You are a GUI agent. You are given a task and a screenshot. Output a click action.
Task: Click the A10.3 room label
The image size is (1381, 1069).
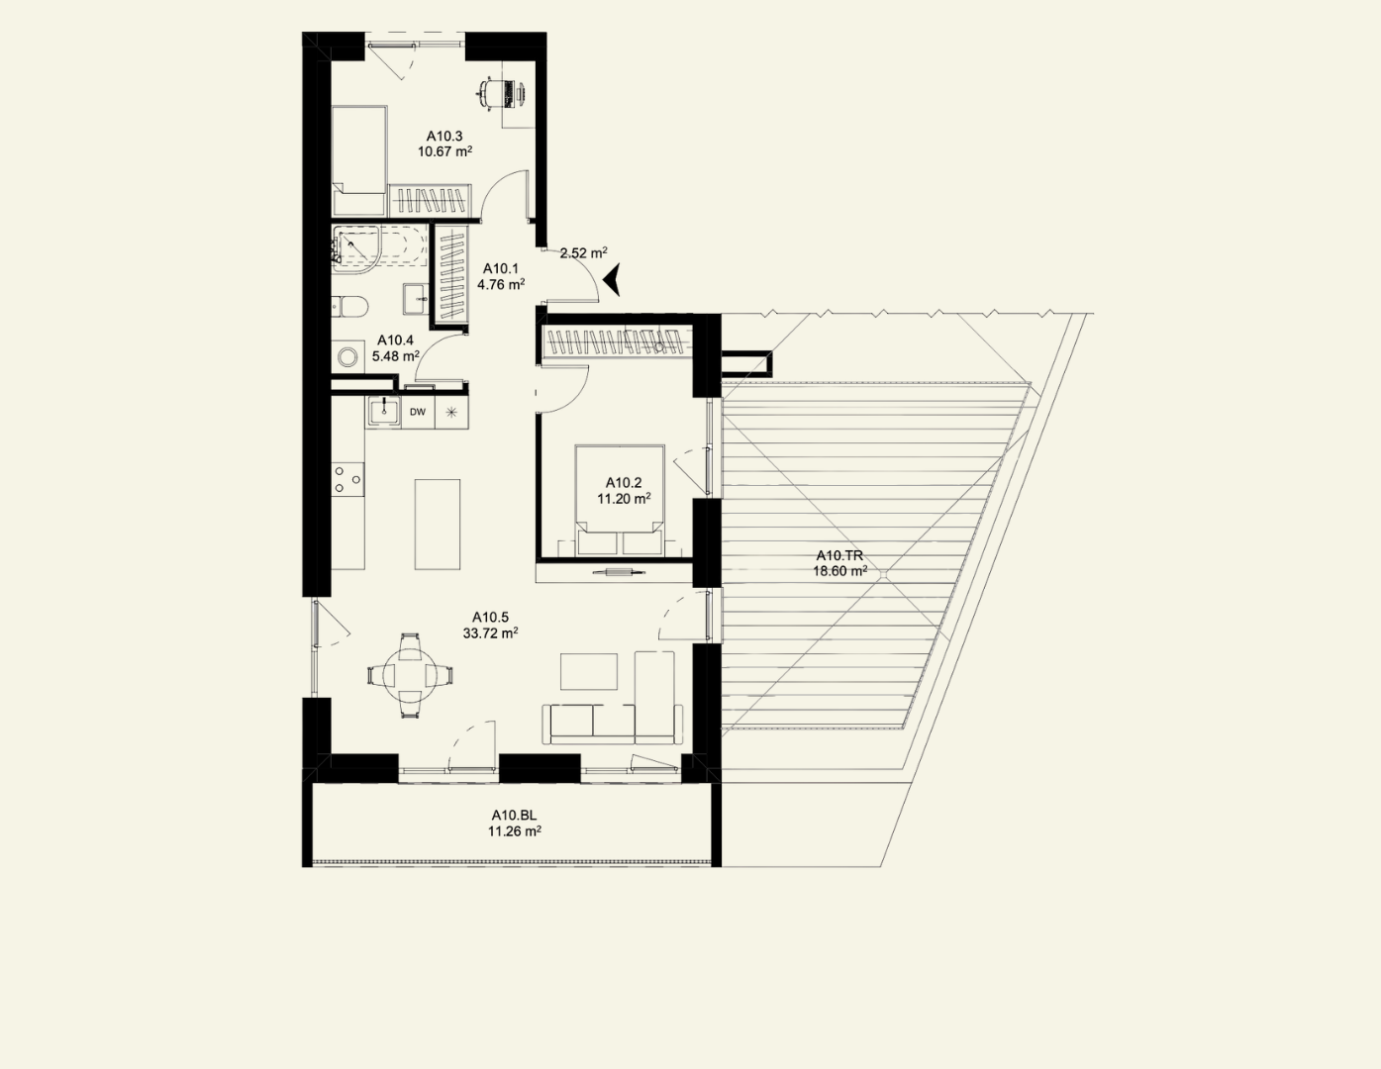(x=444, y=136)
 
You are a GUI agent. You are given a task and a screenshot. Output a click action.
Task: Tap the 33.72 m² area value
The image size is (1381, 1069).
(x=490, y=632)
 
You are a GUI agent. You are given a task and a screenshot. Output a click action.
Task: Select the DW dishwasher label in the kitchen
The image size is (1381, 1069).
(x=418, y=412)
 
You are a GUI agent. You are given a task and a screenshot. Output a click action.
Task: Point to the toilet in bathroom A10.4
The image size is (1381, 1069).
(x=349, y=307)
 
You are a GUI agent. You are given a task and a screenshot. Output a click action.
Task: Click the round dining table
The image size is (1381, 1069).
(x=410, y=675)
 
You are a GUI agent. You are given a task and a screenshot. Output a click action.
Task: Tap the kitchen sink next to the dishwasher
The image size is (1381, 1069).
(x=383, y=411)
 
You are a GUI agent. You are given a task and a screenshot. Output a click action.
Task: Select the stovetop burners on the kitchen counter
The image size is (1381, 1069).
(x=347, y=479)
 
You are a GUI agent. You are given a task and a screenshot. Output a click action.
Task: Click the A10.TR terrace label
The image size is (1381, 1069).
(x=838, y=555)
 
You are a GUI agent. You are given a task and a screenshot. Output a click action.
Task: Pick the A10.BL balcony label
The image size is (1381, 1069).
(x=514, y=816)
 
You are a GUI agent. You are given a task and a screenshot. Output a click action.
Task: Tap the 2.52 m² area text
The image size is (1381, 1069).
(x=583, y=253)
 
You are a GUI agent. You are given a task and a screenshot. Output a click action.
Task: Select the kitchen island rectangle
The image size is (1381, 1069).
(x=438, y=525)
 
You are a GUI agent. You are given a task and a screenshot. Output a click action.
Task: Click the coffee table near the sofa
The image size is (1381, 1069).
(x=588, y=671)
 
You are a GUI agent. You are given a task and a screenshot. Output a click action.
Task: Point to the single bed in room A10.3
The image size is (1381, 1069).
(x=359, y=160)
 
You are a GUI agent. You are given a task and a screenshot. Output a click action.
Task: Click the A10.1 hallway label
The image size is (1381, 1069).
(x=500, y=268)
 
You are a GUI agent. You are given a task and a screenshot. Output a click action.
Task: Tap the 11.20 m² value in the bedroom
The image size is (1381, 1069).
(x=624, y=499)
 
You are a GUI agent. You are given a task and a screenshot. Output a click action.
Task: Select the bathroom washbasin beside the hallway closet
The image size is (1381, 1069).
(x=416, y=299)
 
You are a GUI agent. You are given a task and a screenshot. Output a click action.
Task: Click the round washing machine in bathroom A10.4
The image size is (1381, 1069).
(x=347, y=356)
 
